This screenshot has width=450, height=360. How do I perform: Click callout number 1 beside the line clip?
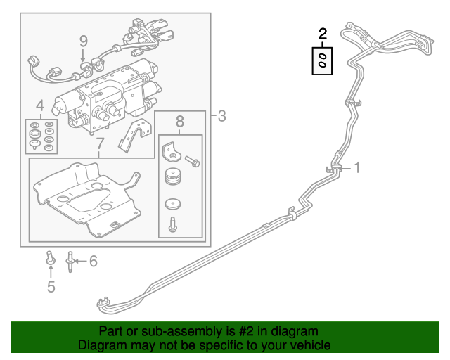pos(356,167)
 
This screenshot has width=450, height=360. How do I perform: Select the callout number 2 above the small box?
pos(323,33)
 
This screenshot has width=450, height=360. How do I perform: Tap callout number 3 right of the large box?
pos(221,116)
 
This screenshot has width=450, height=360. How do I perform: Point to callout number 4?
pos(39,105)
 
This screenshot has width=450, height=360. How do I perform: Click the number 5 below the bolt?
pos(51,286)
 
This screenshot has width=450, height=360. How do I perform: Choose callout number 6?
pos(93,262)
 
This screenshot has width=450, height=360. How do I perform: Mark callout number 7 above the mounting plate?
pos(99,145)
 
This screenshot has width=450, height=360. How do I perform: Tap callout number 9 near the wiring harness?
pos(83,41)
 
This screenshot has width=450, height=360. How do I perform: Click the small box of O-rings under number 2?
pos(323,61)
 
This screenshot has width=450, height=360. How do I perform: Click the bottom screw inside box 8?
pos(172,226)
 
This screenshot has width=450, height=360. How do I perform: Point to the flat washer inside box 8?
pos(171,205)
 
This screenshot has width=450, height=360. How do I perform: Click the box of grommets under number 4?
pos(39,135)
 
